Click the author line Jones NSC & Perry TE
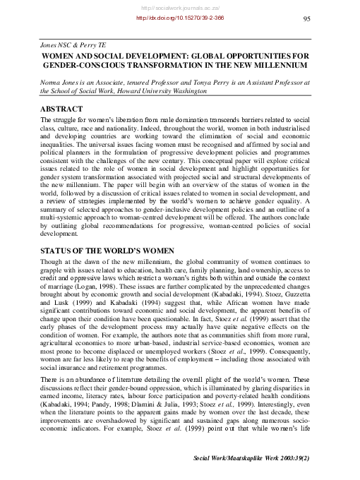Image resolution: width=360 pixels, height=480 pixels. (59, 43)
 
